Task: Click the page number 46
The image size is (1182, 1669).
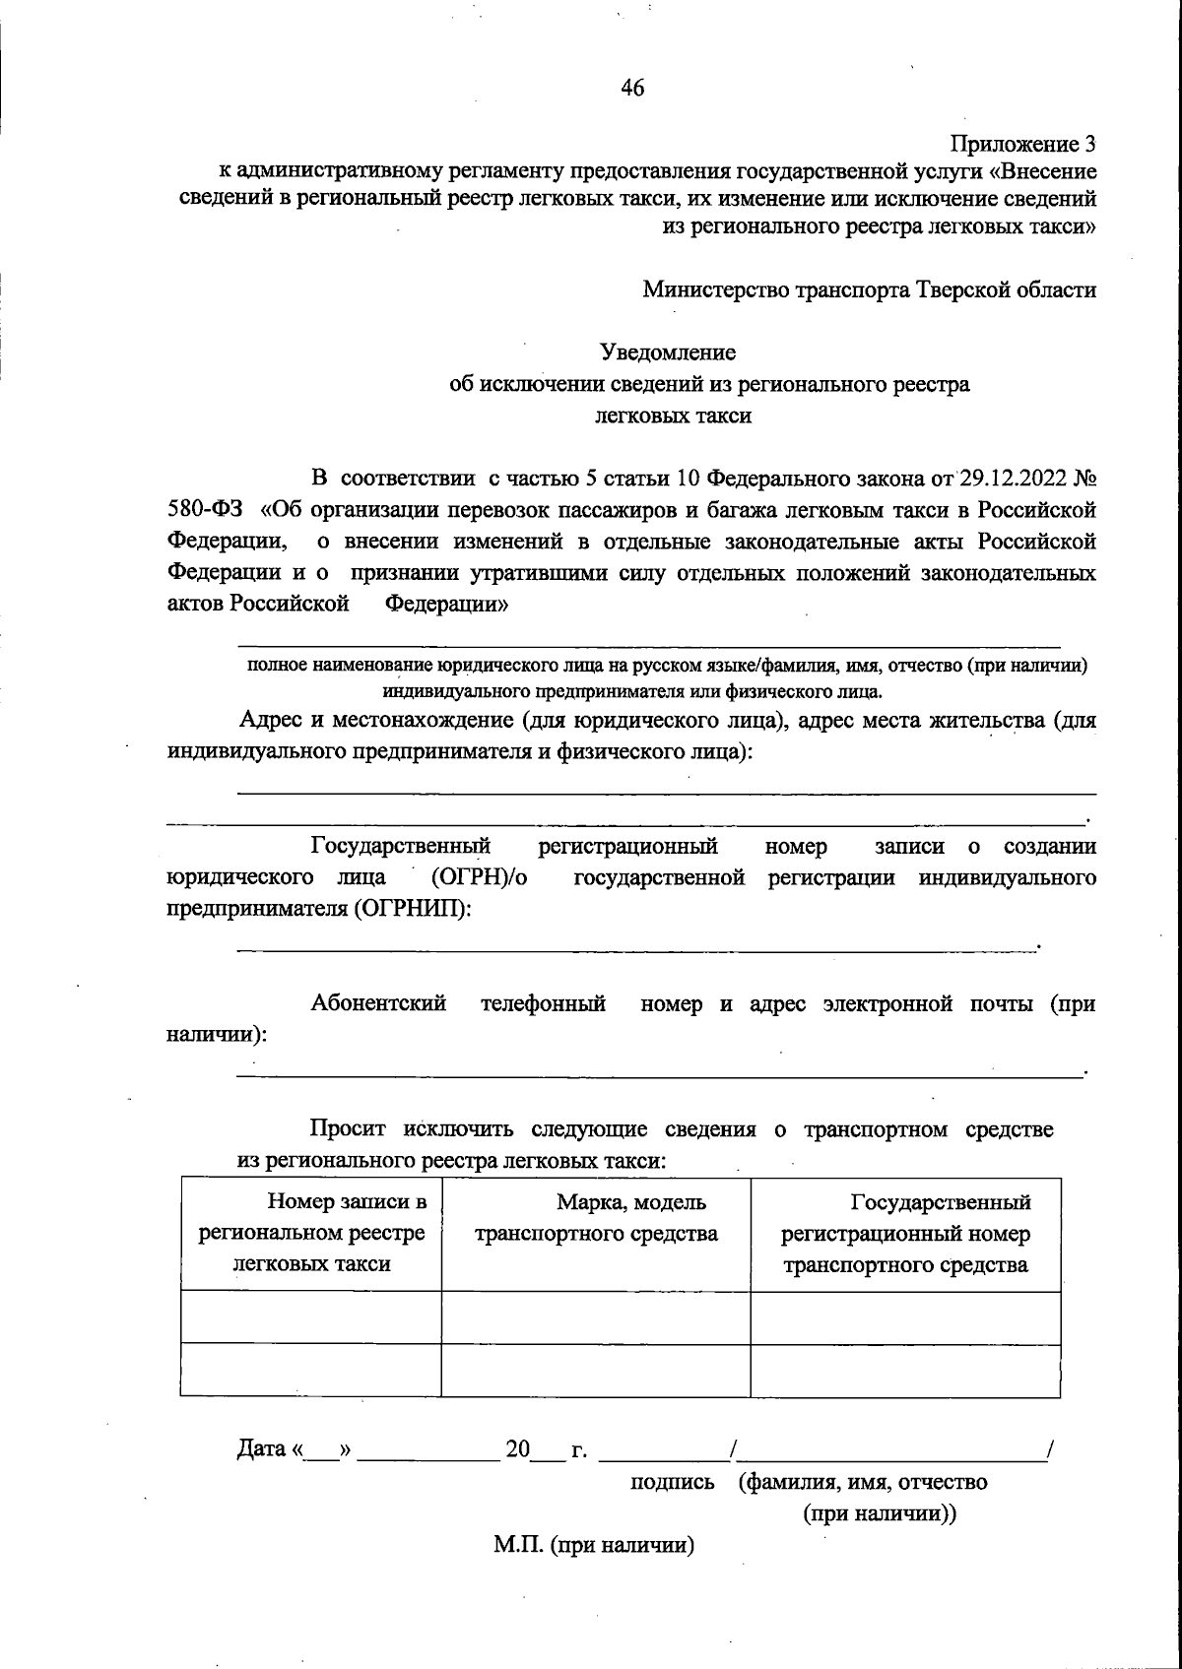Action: point(632,89)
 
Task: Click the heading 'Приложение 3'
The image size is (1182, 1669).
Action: point(1022,145)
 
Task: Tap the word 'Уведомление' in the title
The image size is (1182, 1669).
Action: point(669,352)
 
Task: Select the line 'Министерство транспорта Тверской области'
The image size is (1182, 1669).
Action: point(869,290)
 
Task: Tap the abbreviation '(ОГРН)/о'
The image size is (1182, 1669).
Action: point(478,877)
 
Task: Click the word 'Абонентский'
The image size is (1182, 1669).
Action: point(378,1004)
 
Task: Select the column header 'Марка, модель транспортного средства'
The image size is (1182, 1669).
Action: point(596,1218)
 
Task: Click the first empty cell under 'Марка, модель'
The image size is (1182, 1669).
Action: point(596,1317)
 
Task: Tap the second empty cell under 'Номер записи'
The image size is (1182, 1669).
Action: point(311,1370)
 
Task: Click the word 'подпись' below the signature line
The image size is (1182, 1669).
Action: point(673,1482)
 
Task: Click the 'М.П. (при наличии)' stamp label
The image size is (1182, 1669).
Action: point(594,1546)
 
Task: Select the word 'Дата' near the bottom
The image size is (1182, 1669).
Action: point(260,1449)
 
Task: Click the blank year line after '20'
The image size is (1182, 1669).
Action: point(544,1452)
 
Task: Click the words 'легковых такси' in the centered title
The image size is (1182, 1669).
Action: point(674,416)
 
